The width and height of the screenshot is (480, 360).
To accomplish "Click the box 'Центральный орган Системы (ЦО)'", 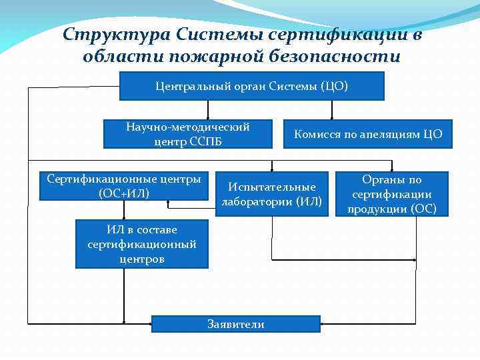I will point(252,86).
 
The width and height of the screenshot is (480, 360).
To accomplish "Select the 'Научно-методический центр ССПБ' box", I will point(188,134).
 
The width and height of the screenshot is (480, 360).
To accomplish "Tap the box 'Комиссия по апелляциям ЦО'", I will point(368,134).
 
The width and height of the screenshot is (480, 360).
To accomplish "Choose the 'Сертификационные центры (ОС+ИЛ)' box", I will point(123,186).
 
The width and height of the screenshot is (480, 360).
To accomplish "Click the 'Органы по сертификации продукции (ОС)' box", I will point(391,194).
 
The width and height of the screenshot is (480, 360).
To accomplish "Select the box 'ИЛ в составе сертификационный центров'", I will point(141,244).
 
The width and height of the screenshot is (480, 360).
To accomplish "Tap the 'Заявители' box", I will point(236,324).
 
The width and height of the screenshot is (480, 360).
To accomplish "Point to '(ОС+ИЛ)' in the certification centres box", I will point(123,193).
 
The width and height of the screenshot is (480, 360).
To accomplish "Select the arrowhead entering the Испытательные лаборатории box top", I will point(271,169).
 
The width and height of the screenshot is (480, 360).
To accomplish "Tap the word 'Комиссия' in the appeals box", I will point(317,134).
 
